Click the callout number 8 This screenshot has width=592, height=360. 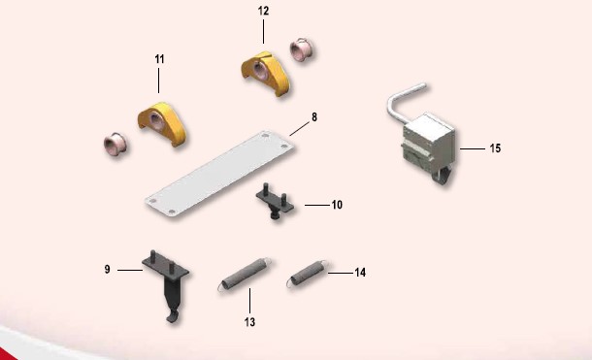pyautogui.click(x=314, y=117)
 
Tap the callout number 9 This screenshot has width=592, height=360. pyautogui.click(x=107, y=270)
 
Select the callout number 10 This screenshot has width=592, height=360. pyautogui.click(x=337, y=205)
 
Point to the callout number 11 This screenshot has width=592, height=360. pyautogui.click(x=159, y=59)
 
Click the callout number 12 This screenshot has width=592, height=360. pyautogui.click(x=264, y=11)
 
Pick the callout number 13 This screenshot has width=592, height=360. pyautogui.click(x=249, y=322)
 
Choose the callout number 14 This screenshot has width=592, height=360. pyautogui.click(x=360, y=273)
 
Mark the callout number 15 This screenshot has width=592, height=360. pyautogui.click(x=495, y=148)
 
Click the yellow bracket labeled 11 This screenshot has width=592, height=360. pyautogui.click(x=162, y=124)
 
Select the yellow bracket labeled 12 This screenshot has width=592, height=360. pyautogui.click(x=266, y=73)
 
